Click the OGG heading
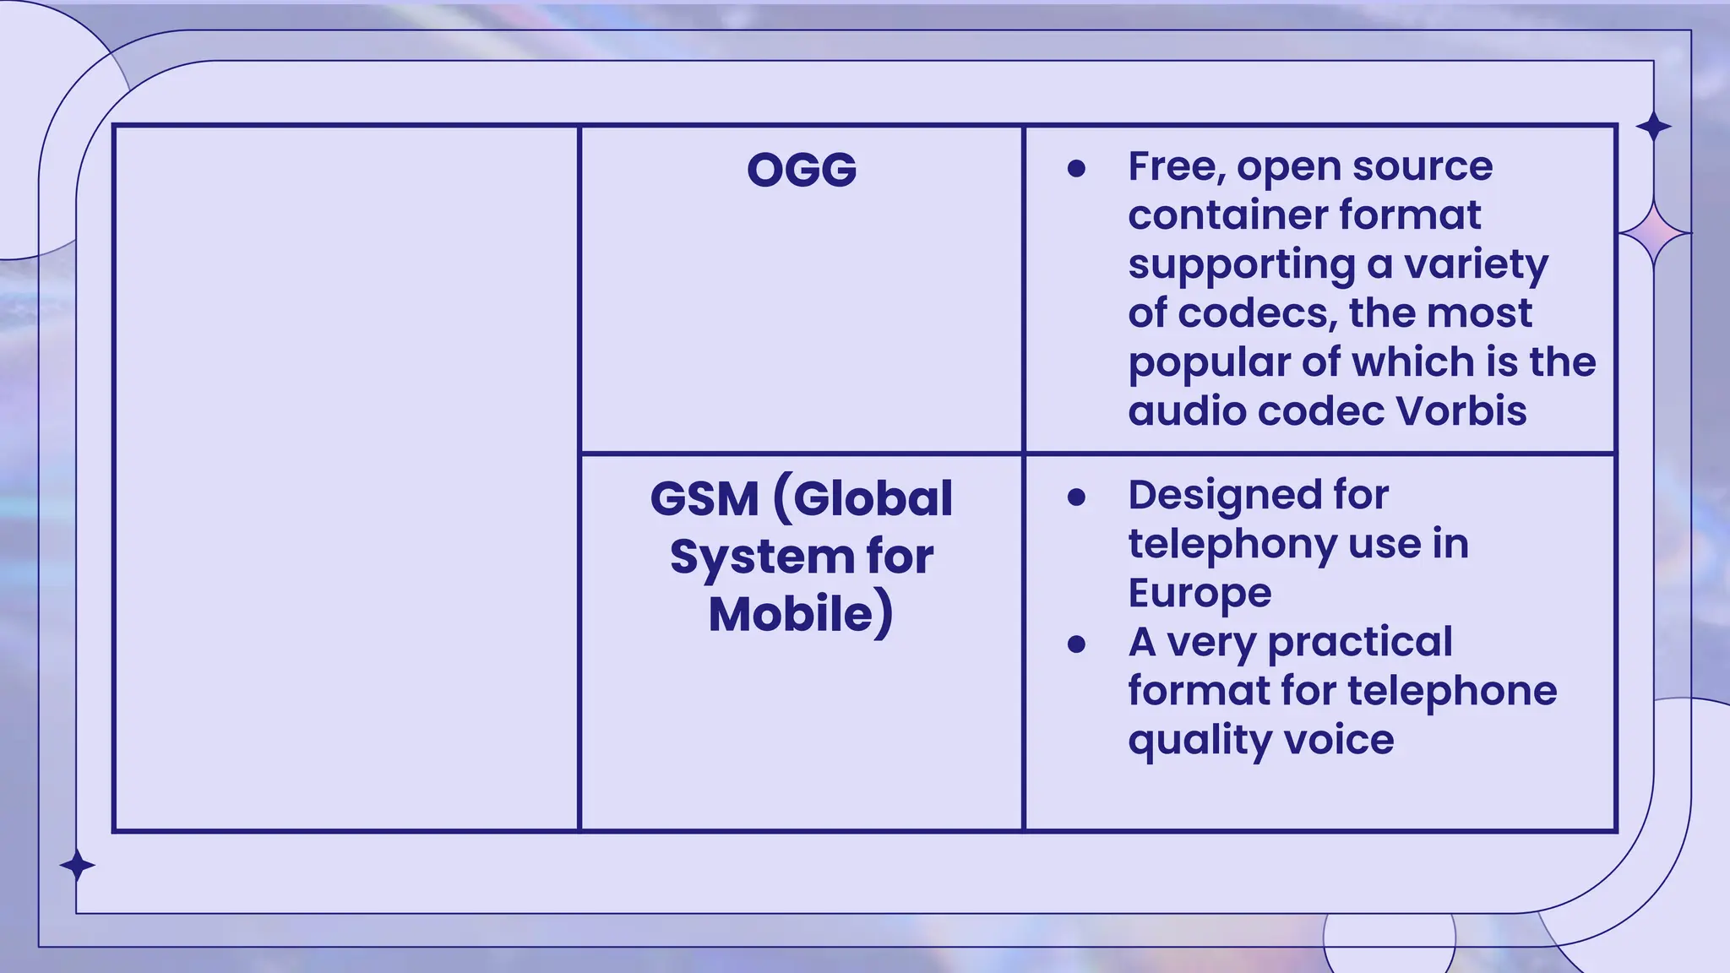pos(802,170)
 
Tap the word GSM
pos(705,498)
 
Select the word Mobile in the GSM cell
pos(791,614)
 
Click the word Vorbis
pos(1461,411)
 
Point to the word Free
pos(1174,166)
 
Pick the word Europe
pos(1200,593)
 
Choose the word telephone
pos(1452,691)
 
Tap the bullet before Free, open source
pos(1076,169)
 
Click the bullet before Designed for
pos(1076,497)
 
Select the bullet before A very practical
pos(1076,644)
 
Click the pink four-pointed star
pos(1654,232)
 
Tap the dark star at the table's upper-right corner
pos(1653,128)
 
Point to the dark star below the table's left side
pos(78,866)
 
